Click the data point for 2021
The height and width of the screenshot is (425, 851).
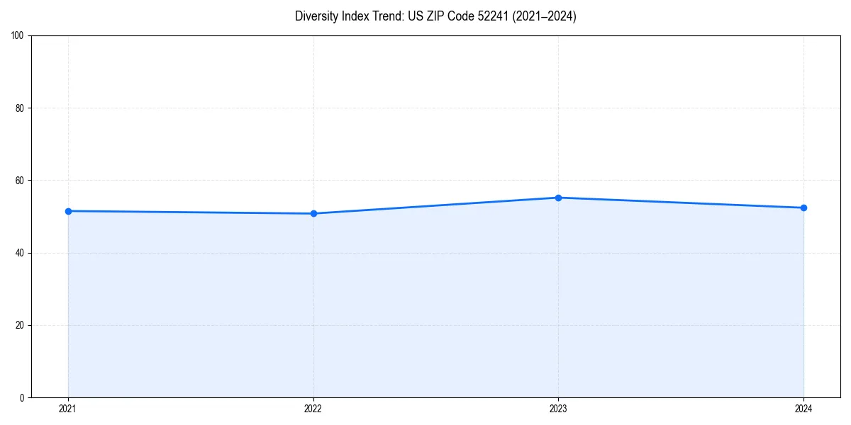coord(68,211)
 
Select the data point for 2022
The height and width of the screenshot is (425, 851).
coord(313,213)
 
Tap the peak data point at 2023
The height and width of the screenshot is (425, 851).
coord(558,198)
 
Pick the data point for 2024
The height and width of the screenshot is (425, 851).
coord(803,208)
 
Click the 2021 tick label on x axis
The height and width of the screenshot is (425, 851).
coord(68,409)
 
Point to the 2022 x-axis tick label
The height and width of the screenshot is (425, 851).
coord(313,409)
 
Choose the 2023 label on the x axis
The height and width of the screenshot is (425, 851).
coord(558,409)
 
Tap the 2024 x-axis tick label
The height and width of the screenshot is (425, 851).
coord(803,409)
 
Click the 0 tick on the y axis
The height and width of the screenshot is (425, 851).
coord(23,397)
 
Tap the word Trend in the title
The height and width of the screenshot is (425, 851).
coord(386,16)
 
